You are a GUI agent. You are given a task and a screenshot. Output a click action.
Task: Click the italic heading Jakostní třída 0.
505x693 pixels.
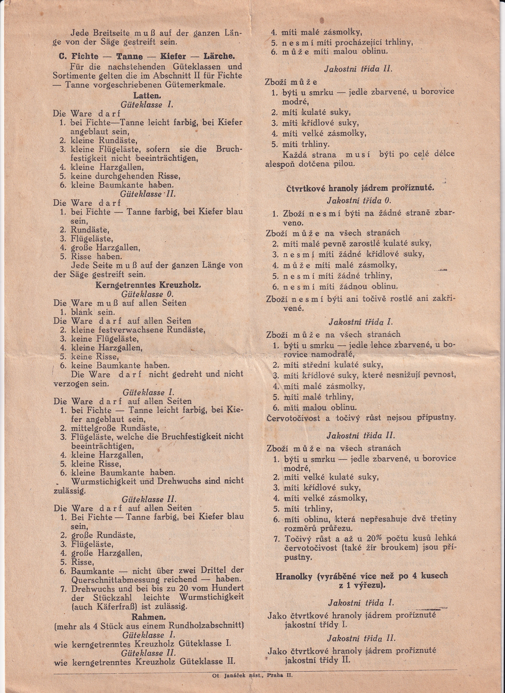tap(359, 201)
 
